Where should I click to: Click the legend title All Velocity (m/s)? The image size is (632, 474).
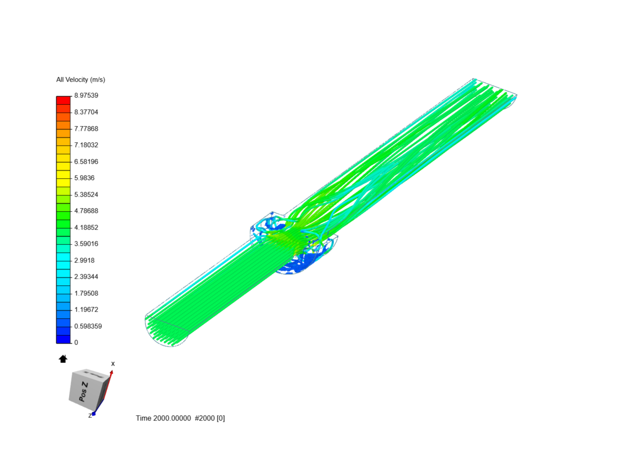[x=81, y=80]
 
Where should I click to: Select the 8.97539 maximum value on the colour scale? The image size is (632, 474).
[x=86, y=96]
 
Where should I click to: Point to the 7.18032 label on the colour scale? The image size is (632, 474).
[x=86, y=145]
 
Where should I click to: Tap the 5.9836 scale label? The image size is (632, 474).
[x=84, y=178]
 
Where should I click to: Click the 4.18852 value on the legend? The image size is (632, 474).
[x=86, y=227]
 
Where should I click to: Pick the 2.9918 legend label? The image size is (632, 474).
[x=84, y=260]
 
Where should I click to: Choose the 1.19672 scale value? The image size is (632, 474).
[x=86, y=310]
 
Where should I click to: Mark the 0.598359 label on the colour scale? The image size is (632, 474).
[x=88, y=327]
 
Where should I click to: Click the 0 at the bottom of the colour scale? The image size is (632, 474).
[x=76, y=342]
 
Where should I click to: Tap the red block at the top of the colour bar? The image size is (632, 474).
[x=63, y=100]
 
